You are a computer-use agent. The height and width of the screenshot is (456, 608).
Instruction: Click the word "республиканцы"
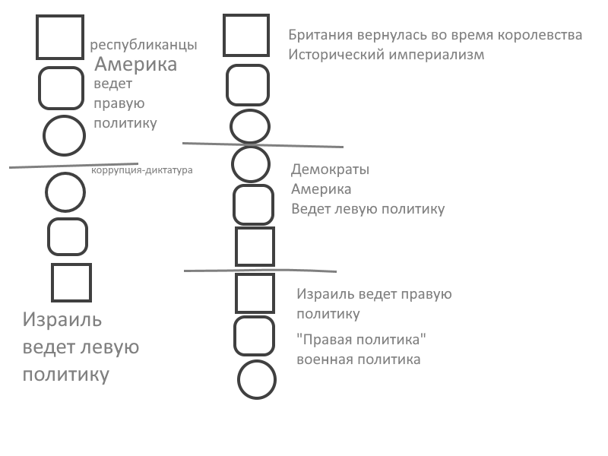pyautogui.click(x=143, y=45)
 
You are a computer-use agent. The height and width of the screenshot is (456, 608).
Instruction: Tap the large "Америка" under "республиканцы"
pyautogui.click(x=135, y=65)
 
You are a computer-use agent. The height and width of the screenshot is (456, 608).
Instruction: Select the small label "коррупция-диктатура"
pyautogui.click(x=142, y=170)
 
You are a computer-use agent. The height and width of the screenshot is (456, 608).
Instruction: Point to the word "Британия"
pyautogui.click(x=319, y=36)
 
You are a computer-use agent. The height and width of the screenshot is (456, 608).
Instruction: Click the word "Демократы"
pyautogui.click(x=330, y=169)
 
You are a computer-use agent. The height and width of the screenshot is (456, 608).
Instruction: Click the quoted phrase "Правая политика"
pyautogui.click(x=361, y=339)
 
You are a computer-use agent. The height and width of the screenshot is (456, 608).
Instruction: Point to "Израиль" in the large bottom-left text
pyautogui.click(x=62, y=320)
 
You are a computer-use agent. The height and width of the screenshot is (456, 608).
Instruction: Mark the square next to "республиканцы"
pyautogui.click(x=59, y=36)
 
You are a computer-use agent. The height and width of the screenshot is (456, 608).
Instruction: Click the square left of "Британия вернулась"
pyautogui.click(x=245, y=35)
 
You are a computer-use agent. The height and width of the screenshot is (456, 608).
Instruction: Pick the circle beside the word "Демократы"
pyautogui.click(x=250, y=163)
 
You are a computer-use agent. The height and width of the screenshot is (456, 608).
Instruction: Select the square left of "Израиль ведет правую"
pyautogui.click(x=255, y=293)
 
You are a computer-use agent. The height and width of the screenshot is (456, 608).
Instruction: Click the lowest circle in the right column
pyautogui.click(x=256, y=379)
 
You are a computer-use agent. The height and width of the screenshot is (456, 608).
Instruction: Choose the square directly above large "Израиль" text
pyautogui.click(x=71, y=282)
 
